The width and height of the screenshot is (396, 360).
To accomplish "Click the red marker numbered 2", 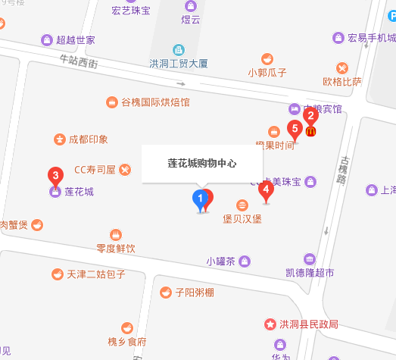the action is click(310, 117).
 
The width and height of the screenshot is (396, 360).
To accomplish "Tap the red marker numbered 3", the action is click(55, 176).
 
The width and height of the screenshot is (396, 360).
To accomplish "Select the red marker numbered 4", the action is click(266, 189).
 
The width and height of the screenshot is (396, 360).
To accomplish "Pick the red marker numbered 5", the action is click(295, 129).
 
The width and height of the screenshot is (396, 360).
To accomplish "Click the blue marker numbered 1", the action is click(200, 199).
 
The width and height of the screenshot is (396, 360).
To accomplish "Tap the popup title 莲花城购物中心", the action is click(201, 164).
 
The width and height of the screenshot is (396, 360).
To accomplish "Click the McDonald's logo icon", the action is click(310, 131).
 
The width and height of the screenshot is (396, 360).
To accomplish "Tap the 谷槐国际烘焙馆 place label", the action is click(155, 102).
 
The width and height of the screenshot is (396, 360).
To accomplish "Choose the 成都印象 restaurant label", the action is click(88, 139).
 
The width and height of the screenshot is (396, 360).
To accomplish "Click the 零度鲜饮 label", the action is click(115, 247).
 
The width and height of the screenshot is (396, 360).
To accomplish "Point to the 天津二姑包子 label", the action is click(95, 274).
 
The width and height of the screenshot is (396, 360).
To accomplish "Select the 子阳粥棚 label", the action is click(194, 292).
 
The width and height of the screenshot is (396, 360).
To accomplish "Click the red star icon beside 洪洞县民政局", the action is click(269, 324).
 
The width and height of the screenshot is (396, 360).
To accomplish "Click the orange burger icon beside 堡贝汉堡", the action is click(242, 205).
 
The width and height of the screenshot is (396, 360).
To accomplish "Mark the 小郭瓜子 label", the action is click(267, 73).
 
